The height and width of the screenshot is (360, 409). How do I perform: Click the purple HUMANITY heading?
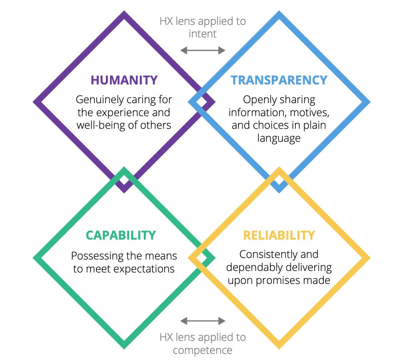[124, 80]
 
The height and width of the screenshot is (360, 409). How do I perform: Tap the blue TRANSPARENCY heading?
[279, 80]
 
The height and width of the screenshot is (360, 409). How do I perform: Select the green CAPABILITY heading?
[121, 235]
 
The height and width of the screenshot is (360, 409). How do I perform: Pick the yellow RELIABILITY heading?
[279, 235]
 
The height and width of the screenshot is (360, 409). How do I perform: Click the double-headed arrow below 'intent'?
[203, 50]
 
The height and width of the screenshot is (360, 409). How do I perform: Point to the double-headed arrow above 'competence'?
[203, 321]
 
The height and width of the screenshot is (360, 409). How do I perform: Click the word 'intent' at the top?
[203, 34]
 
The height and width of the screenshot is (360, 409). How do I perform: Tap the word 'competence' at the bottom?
[203, 350]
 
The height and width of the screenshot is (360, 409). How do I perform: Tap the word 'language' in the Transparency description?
[279, 138]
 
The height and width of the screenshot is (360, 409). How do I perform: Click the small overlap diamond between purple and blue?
[202, 102]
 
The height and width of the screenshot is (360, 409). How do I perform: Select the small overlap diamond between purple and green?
[124, 180]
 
